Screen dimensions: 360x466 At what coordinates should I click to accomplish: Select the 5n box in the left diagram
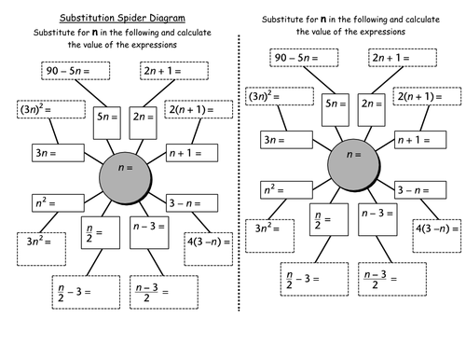pos(107,117)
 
